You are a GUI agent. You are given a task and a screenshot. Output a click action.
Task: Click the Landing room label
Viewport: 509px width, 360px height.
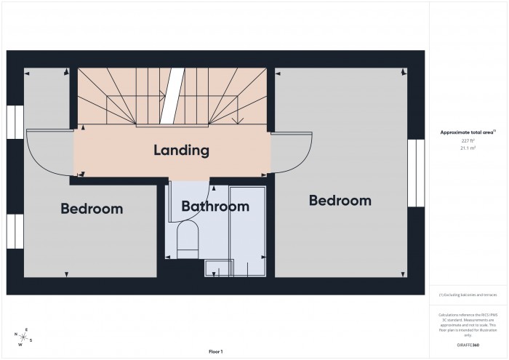(x=181, y=151)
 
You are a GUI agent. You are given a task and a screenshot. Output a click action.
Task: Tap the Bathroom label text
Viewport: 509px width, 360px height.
(x=215, y=207)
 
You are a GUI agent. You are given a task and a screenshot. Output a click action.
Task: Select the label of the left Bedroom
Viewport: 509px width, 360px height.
(x=92, y=209)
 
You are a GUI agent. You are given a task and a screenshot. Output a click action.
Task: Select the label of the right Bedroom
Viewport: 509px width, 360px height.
(x=340, y=200)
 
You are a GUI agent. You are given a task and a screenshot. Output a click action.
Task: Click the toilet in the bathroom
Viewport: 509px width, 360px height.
(x=188, y=240)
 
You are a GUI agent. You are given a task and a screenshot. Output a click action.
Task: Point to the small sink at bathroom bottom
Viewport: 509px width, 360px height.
(x=216, y=268)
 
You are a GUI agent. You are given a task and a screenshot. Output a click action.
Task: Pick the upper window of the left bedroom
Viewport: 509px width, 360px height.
(x=15, y=122)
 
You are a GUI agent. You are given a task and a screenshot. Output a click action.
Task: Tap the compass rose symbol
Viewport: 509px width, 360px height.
(x=25, y=337)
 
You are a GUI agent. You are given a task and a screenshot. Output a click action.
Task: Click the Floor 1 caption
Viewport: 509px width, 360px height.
(x=215, y=351)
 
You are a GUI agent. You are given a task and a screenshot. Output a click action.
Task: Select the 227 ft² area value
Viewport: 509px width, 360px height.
(x=468, y=140)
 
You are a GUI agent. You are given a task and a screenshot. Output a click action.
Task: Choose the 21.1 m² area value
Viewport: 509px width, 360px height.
(x=468, y=148)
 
